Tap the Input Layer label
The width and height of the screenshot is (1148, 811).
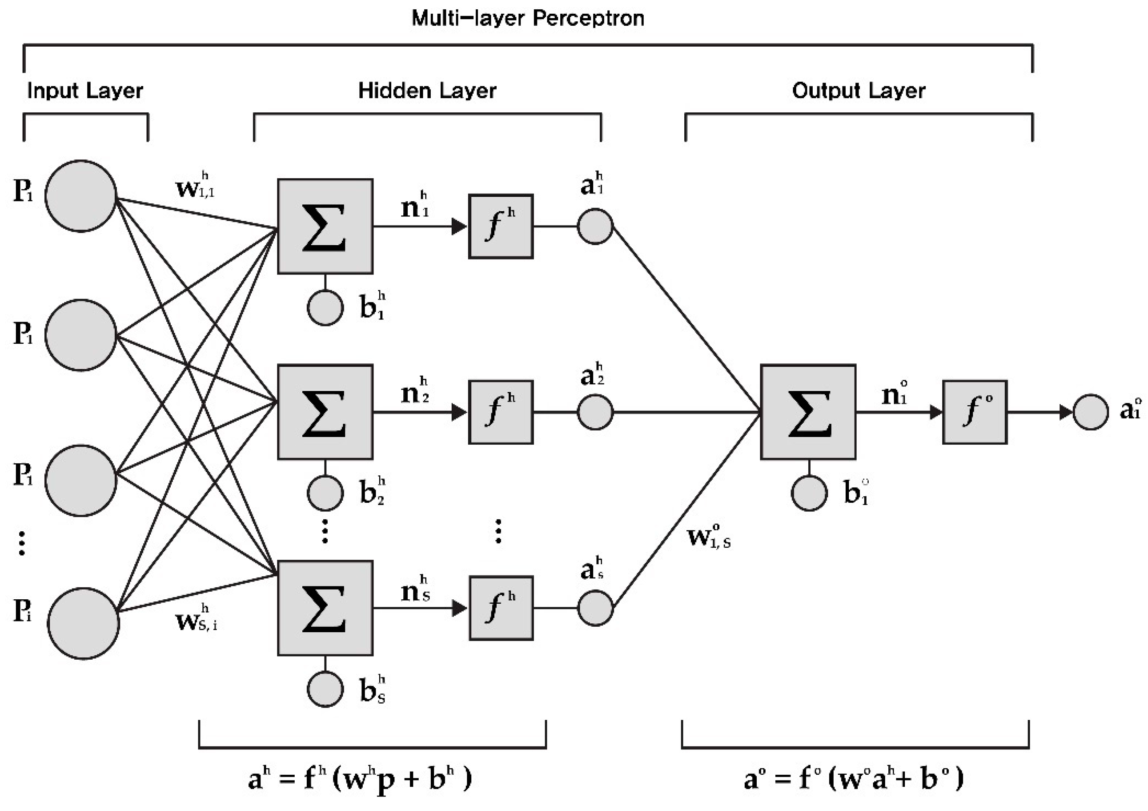pyautogui.click(x=85, y=91)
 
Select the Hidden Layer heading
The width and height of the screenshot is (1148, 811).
pyautogui.click(x=427, y=91)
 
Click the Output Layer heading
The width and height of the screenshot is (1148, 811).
pyautogui.click(x=859, y=91)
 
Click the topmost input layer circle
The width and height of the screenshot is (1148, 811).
pyautogui.click(x=81, y=196)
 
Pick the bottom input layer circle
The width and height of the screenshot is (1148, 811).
pyautogui.click(x=83, y=623)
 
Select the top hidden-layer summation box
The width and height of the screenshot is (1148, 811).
pyautogui.click(x=325, y=227)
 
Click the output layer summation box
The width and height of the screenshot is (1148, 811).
pyautogui.click(x=808, y=412)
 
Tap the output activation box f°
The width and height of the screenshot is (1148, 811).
pyautogui.click(x=975, y=412)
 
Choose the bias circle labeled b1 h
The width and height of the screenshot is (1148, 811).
pyautogui.click(x=325, y=308)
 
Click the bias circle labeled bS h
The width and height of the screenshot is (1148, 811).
pyautogui.click(x=325, y=689)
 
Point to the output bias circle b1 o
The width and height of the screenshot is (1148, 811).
pyautogui.click(x=809, y=493)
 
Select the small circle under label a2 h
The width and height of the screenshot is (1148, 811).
pyautogui.click(x=595, y=412)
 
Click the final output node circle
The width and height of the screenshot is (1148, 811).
pyautogui.click(x=1090, y=412)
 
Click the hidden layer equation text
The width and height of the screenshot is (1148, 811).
pyautogui.click(x=360, y=778)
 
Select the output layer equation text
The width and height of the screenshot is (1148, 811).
pyautogui.click(x=853, y=778)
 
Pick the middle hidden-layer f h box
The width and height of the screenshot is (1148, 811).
pyautogui.click(x=500, y=412)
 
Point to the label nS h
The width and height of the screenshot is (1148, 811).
pyautogui.click(x=415, y=590)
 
